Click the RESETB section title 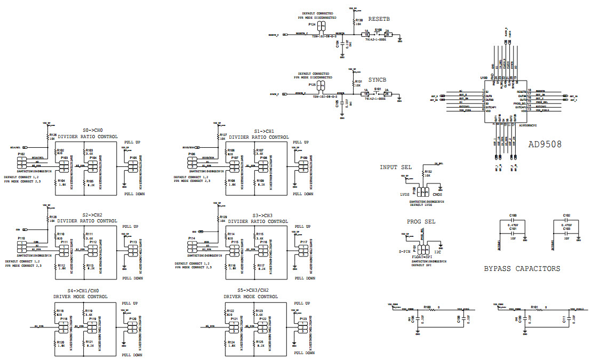379,19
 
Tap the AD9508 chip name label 545,144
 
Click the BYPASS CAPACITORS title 522,269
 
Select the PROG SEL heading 421,221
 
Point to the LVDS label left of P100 404,195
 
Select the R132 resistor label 428,172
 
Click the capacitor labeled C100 513,215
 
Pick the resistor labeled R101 534,307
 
